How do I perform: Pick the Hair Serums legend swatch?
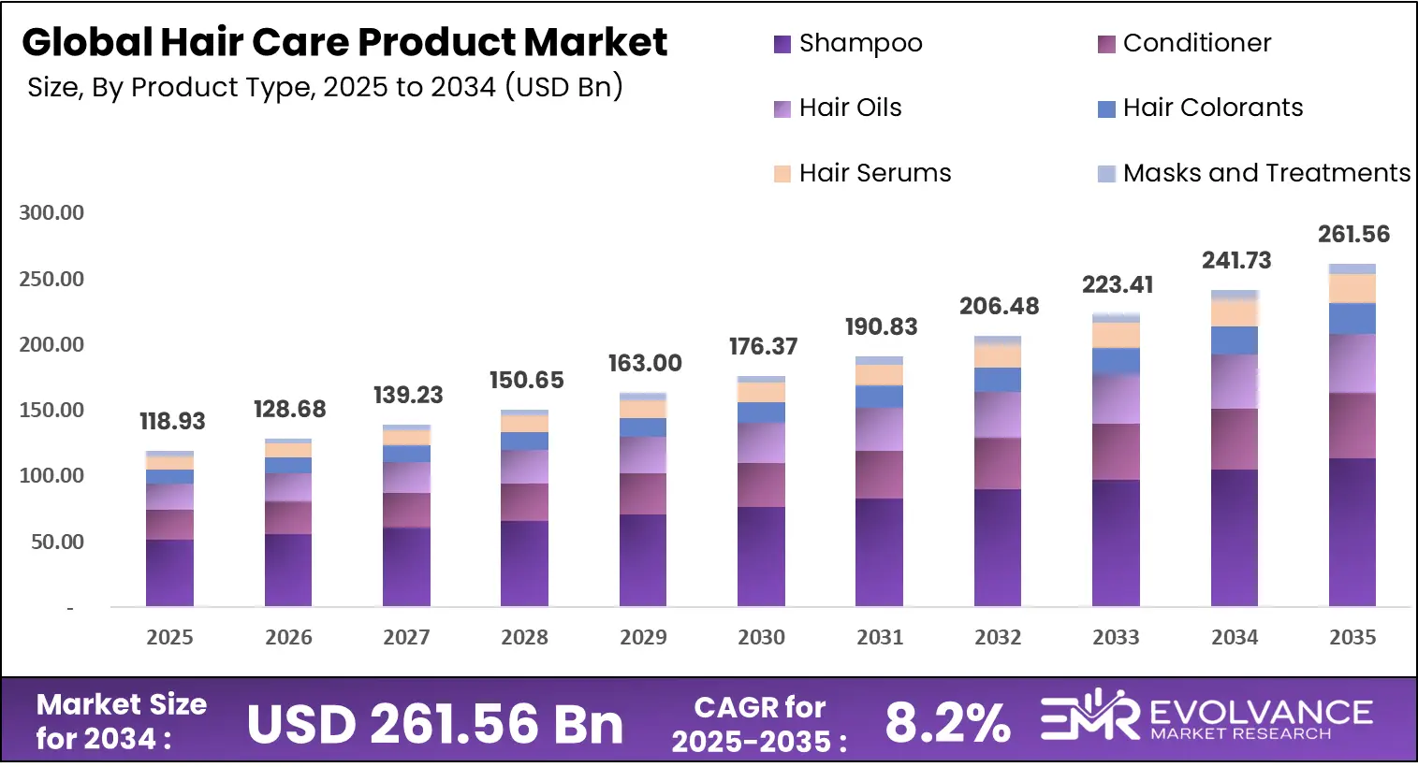[782, 174]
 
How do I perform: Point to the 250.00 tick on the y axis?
[51, 279]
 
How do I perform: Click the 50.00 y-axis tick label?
[57, 542]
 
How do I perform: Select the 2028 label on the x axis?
[524, 637]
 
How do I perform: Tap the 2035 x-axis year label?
[1352, 637]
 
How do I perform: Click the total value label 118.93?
[172, 421]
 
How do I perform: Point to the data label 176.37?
[763, 346]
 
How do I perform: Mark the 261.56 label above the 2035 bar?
[1353, 234]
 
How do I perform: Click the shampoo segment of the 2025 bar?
[169, 572]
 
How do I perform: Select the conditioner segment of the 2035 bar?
[1352, 426]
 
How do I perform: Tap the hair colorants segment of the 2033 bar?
[1116, 361]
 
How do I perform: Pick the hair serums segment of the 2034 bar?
[1235, 312]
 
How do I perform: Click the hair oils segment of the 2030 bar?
[761, 442]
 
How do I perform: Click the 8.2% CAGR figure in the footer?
[947, 723]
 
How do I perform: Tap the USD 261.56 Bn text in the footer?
[435, 724]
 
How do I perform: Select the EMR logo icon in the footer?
[1089, 716]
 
